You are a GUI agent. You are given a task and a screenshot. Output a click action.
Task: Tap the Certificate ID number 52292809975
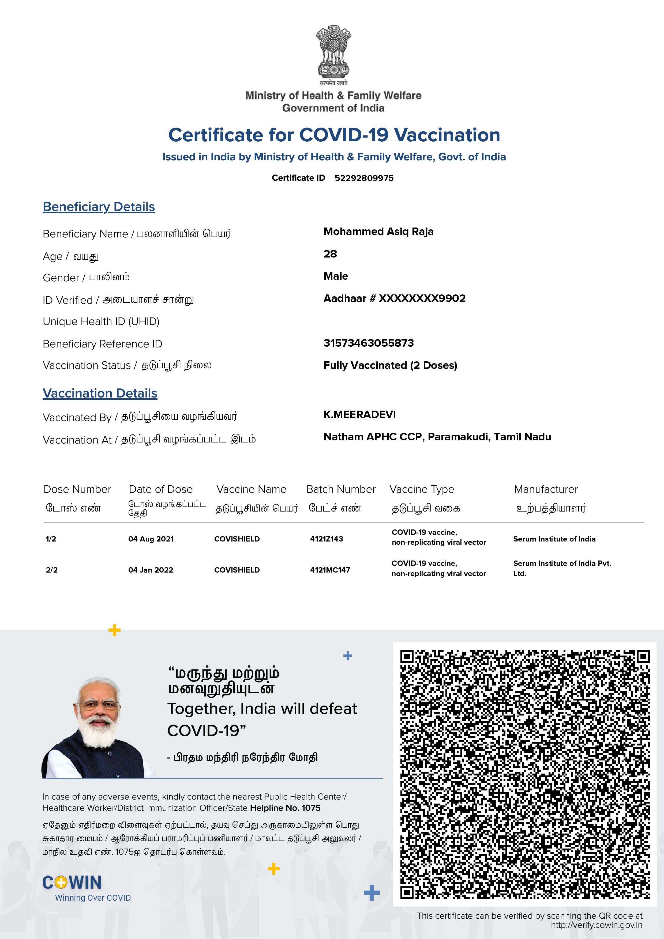click(364, 178)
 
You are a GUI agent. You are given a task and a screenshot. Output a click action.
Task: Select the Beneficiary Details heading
click(99, 207)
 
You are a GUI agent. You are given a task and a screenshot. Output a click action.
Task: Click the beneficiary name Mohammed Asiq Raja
click(378, 232)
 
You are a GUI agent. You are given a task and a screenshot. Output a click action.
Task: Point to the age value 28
click(330, 254)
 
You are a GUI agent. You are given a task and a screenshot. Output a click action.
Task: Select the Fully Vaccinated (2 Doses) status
click(390, 365)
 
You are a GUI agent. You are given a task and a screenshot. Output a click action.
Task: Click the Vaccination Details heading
click(100, 393)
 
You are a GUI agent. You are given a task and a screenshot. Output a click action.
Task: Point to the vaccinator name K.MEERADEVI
click(360, 415)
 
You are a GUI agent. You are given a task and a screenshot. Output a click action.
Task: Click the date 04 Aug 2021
click(151, 539)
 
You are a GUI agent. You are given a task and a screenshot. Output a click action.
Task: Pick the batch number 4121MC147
click(330, 570)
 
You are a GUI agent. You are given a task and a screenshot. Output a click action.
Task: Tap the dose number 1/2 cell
click(51, 539)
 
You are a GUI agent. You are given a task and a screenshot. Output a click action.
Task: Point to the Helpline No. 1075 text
click(285, 808)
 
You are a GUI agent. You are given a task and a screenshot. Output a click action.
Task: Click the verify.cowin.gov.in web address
click(596, 925)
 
